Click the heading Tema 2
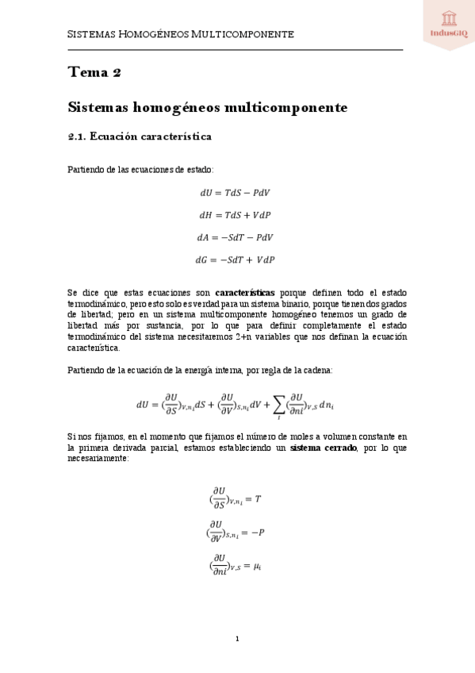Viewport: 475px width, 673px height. tap(94, 73)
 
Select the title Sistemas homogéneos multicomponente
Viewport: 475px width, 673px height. tap(208, 106)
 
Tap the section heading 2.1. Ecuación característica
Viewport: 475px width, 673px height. tap(139, 137)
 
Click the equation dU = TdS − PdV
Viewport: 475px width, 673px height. tap(235, 192)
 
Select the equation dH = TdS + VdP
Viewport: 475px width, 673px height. tap(235, 214)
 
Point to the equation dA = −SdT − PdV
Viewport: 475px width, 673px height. tap(235, 237)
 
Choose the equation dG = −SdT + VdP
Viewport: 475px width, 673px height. tap(235, 260)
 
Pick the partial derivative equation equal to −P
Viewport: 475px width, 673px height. tap(236, 531)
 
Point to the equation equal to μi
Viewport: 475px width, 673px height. tap(236, 565)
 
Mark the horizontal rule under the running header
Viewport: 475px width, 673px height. tap(235, 49)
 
